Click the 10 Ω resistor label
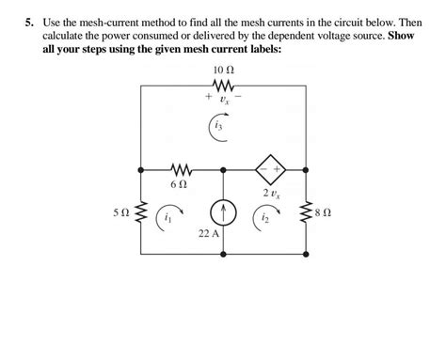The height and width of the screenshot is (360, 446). [x=224, y=70]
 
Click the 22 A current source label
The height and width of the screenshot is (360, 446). [x=209, y=233]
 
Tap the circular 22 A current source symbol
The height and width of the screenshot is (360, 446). [x=224, y=211]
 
